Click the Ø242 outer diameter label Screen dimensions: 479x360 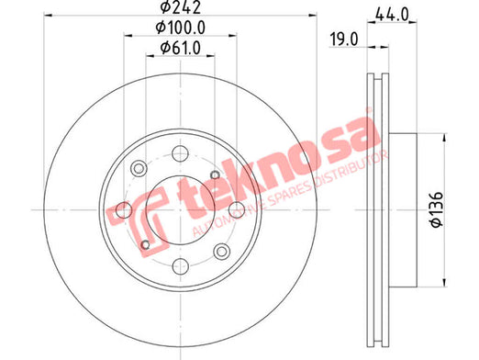click(181, 6)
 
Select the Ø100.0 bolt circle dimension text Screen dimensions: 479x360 click(181, 28)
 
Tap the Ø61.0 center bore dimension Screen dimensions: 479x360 click(181, 48)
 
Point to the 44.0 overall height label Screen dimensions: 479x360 click(392, 15)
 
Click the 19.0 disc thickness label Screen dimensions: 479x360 click(343, 39)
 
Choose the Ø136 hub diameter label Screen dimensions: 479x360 click(437, 209)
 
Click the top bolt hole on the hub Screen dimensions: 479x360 click(180, 153)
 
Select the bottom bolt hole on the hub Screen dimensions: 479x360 click(181, 266)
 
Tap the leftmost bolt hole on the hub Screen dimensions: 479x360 click(124, 210)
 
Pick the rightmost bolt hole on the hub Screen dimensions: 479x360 click(237, 210)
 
